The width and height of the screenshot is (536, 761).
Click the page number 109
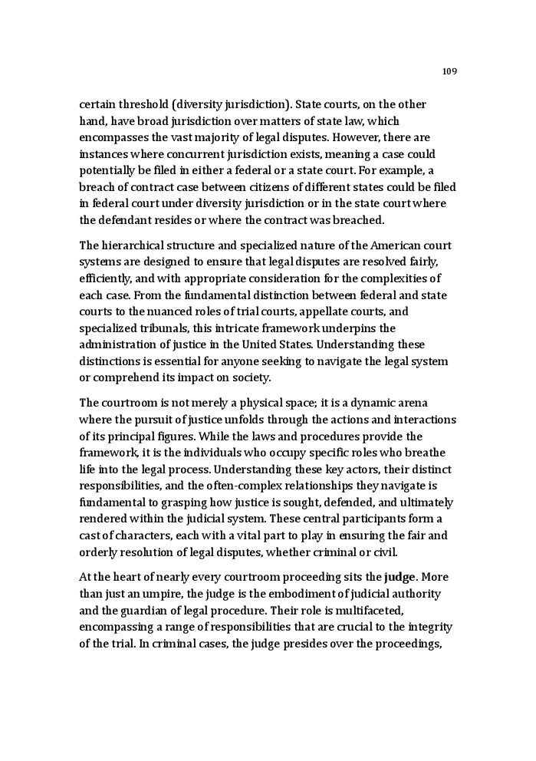(449, 71)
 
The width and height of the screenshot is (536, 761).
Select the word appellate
(325, 311)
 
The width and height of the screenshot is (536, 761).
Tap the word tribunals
(156, 328)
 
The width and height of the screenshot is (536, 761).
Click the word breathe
(425, 453)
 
